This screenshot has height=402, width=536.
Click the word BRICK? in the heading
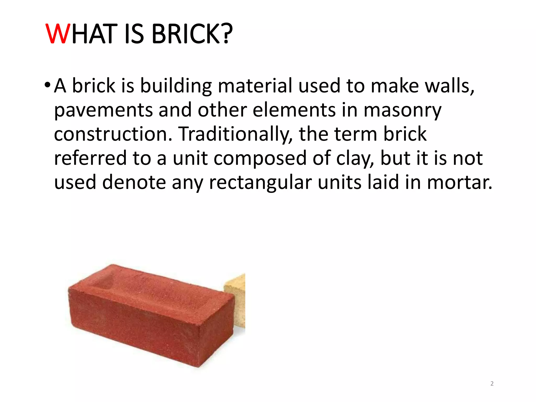pos(192,34)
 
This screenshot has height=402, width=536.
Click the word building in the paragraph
pos(176,86)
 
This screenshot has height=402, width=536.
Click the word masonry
pos(402,110)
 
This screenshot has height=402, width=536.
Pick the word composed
pos(260,158)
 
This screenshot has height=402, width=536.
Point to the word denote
pos(134,182)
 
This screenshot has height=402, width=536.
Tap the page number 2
pos(492,383)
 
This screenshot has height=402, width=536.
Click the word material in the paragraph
pos(255,86)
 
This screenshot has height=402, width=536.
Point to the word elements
pos(294,110)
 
